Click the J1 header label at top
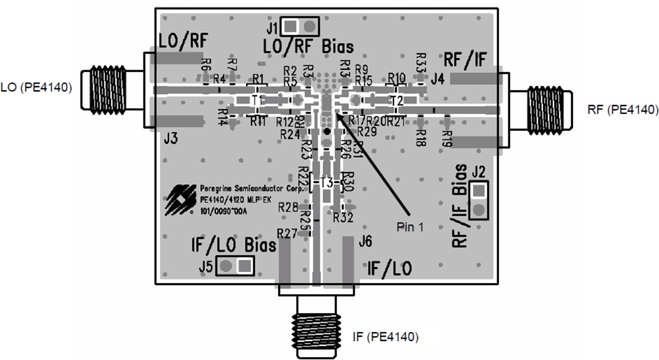(x=272, y=27)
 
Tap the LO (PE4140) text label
(x=37, y=87)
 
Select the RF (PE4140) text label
(x=623, y=110)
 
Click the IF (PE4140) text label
(x=386, y=336)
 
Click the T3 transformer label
(x=327, y=182)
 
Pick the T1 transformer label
(x=257, y=99)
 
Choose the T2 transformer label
(x=397, y=100)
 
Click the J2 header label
(x=478, y=170)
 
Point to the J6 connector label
(x=365, y=242)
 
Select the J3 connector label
(x=171, y=139)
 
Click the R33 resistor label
(x=420, y=61)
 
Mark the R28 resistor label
(x=288, y=207)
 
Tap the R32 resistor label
(x=344, y=216)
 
